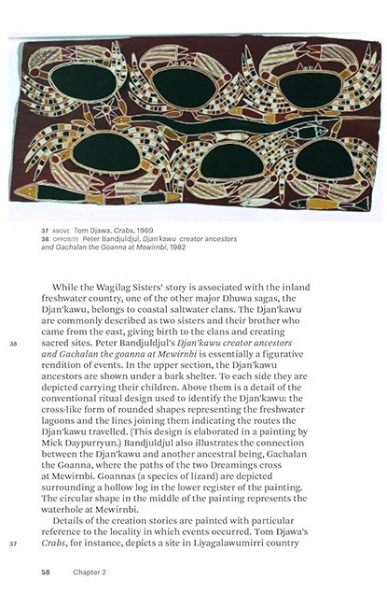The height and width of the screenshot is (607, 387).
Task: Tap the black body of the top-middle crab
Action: point(185,87)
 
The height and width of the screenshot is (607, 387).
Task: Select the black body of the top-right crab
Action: point(309,90)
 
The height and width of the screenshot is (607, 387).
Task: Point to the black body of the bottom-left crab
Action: point(105,153)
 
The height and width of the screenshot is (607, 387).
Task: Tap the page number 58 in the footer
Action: point(45,571)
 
